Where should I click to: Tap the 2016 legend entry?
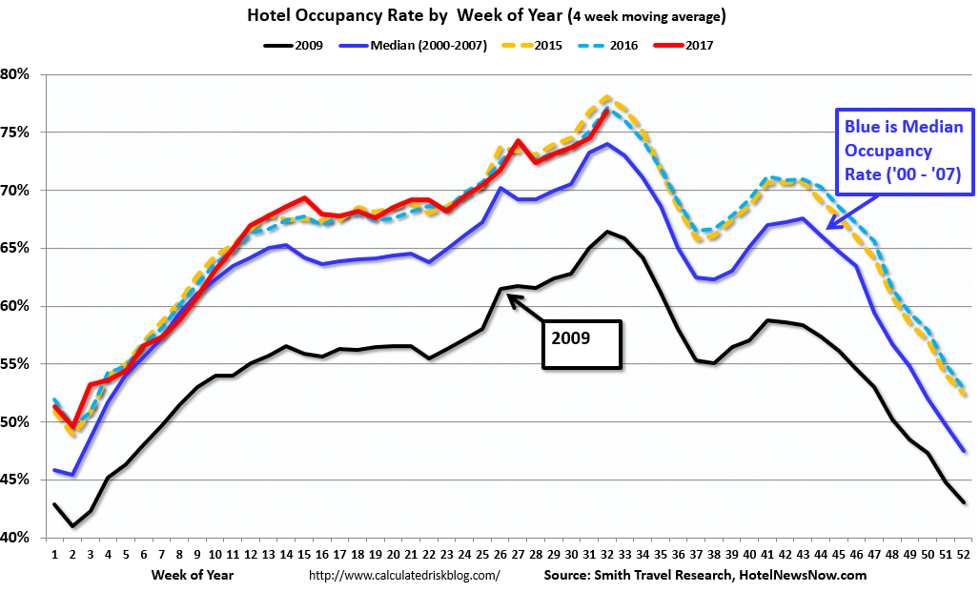point(620,45)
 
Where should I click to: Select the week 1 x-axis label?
point(54,553)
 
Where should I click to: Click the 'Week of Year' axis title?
point(192,576)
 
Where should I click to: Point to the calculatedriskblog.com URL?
point(404,576)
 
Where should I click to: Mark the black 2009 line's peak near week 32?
point(607,232)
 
